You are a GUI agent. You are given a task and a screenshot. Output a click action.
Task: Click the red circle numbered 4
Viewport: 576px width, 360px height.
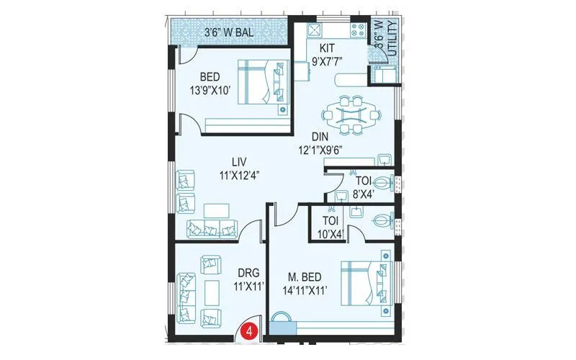coord(249,332)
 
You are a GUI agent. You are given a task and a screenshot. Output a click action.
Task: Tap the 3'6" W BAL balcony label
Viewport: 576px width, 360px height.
coord(229,32)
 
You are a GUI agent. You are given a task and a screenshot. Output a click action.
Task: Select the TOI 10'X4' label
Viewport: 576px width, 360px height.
coord(330,228)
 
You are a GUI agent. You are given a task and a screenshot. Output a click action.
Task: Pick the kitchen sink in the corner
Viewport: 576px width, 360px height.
coord(315,30)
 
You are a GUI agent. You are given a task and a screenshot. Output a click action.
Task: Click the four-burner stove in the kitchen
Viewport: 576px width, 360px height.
coord(357,31)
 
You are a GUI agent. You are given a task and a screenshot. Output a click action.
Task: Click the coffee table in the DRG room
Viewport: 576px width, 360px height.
coord(211,292)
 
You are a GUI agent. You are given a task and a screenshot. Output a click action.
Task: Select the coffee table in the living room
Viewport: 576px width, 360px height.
coord(216,210)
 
